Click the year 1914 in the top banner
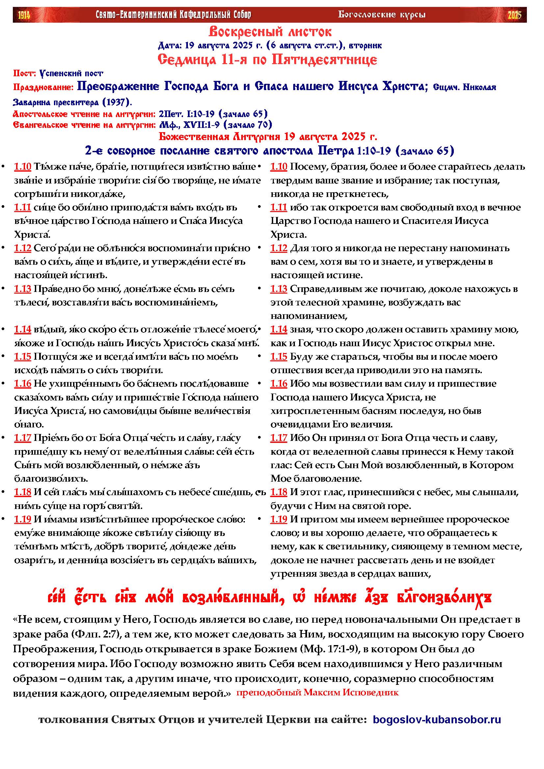(x=24, y=15)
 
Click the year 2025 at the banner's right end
(x=514, y=15)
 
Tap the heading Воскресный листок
(x=270, y=32)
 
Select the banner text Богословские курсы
(x=382, y=14)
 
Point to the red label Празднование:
(x=43, y=87)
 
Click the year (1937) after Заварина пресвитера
(x=117, y=102)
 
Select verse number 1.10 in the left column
(x=22, y=167)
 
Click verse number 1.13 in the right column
(x=278, y=289)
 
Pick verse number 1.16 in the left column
(x=22, y=383)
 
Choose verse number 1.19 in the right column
(x=278, y=519)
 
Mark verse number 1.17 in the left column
(x=22, y=438)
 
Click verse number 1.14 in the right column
(x=278, y=329)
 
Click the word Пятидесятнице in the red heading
(x=324, y=60)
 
